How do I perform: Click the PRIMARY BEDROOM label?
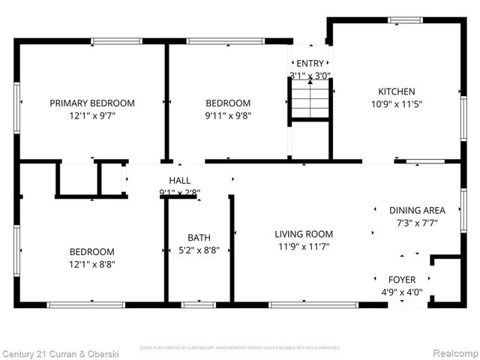point(92,103)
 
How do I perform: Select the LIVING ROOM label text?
point(304,234)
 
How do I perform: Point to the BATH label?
point(199,238)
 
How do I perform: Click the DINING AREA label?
point(417,211)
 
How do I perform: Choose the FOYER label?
point(402,280)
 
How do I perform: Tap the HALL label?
point(179,181)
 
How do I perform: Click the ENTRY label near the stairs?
point(310,64)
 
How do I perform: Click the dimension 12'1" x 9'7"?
point(92,115)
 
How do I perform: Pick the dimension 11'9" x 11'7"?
point(304,246)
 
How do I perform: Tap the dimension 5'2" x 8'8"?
point(199,250)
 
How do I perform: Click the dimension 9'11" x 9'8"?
point(228,115)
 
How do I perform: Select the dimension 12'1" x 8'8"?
point(92,264)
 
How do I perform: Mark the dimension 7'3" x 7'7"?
point(417,223)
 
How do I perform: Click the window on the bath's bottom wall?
point(193,304)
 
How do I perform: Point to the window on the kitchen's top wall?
point(405,20)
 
